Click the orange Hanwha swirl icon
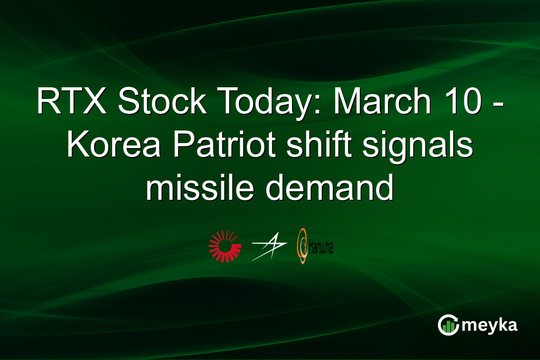pos(302,247)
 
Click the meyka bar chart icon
pos(448,325)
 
